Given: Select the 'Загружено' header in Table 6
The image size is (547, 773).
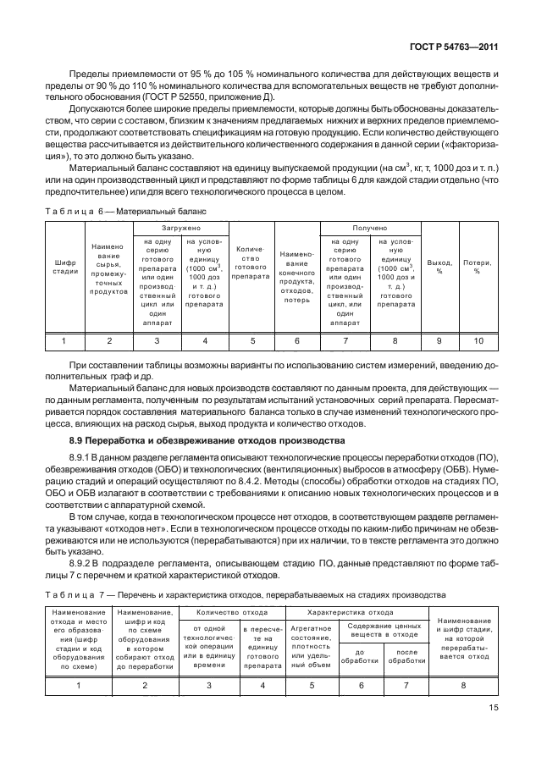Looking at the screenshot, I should tap(181, 228).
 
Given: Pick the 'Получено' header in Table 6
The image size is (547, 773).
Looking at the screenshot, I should tap(369, 228).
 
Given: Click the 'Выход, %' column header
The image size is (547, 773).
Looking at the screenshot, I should tap(439, 268).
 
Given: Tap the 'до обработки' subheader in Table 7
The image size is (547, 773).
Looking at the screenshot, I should tap(362, 654).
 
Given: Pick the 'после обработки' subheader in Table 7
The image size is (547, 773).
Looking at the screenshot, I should tap(406, 654).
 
